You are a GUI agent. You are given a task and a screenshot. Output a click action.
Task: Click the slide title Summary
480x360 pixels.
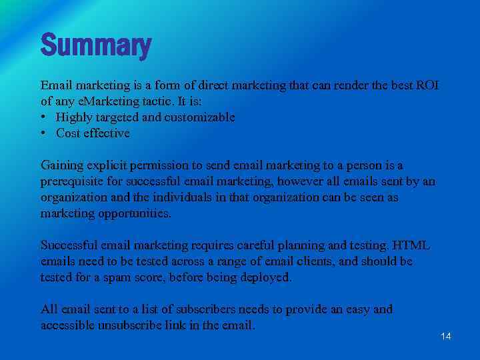click(96, 45)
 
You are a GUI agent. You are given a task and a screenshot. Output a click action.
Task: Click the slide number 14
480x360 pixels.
click(446, 336)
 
